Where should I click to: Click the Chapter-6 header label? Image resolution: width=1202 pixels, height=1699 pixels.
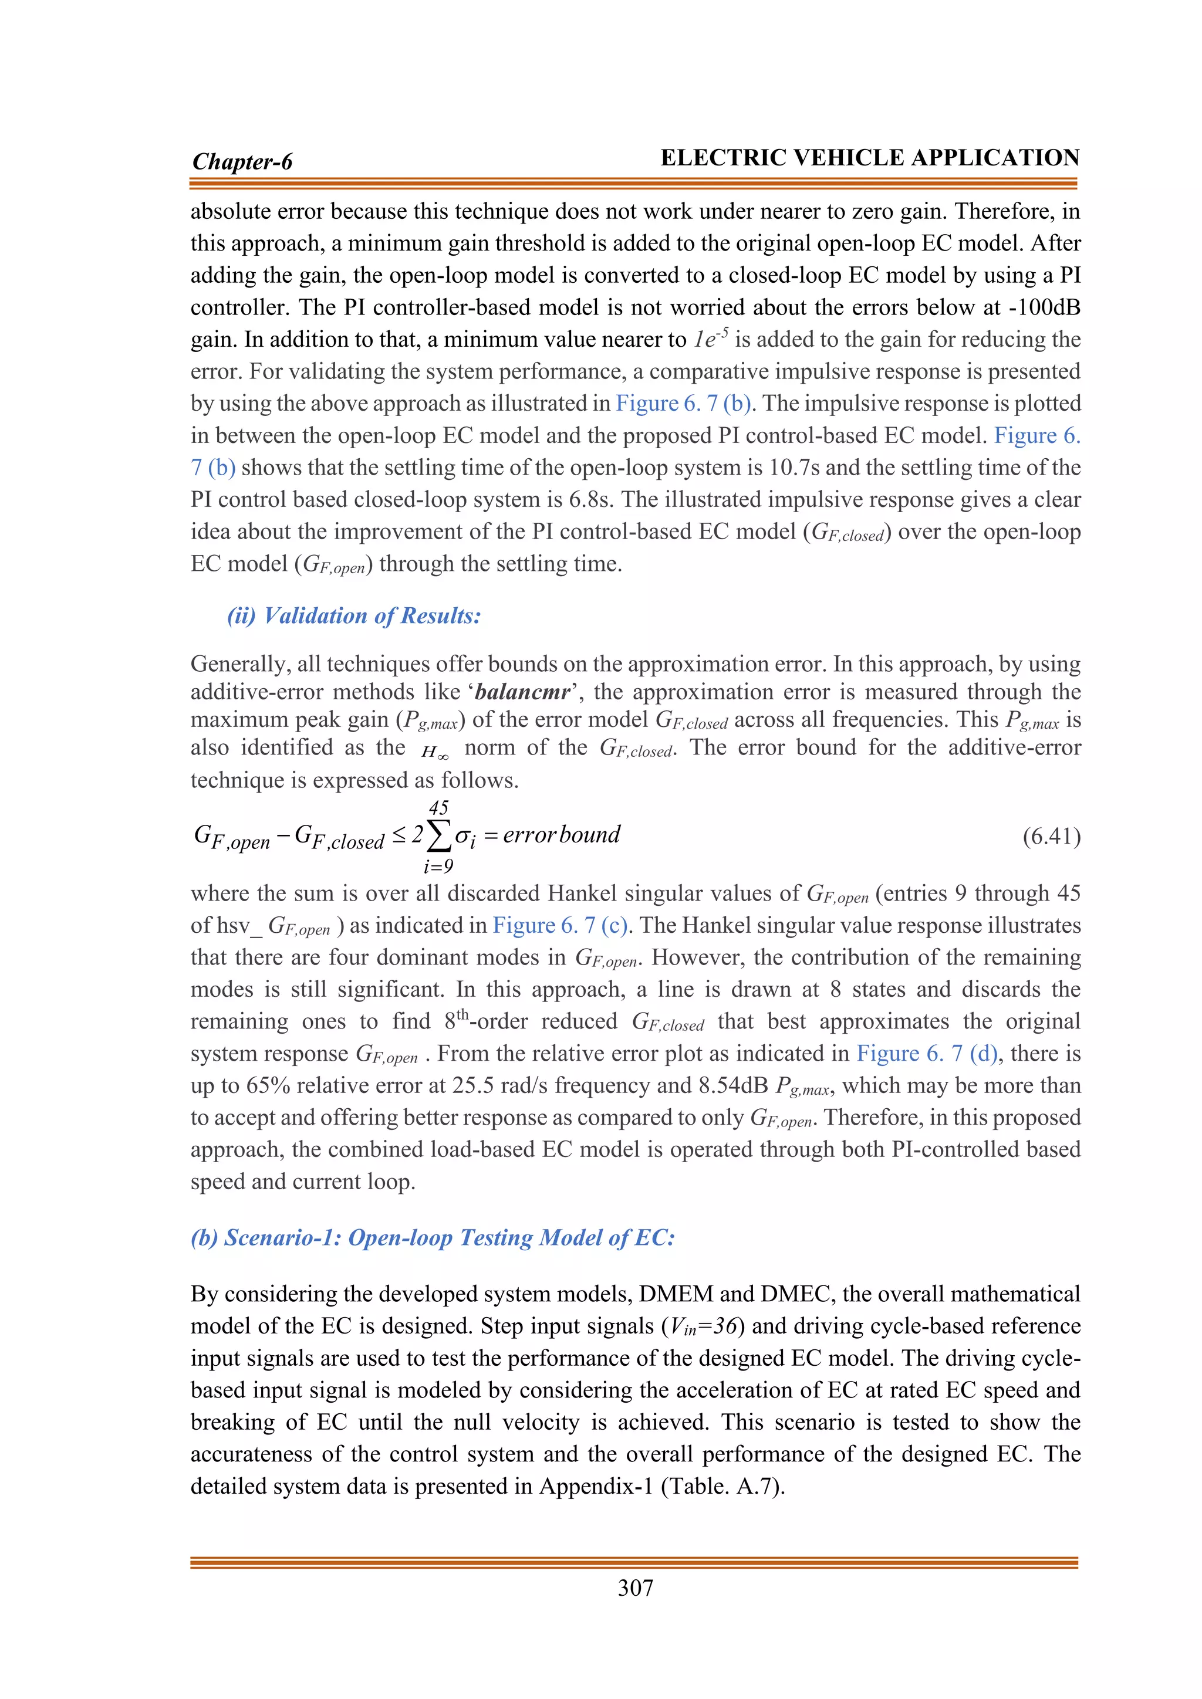[242, 161]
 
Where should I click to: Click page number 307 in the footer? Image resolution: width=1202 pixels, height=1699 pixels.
[635, 1588]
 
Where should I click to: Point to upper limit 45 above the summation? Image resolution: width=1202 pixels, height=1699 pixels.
[438, 807]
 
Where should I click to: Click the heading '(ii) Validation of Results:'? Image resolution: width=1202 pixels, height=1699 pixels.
[354, 615]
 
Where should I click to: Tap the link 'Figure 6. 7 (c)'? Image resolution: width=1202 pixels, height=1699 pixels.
[561, 925]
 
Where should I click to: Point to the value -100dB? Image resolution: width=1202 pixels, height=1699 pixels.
[1044, 307]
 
